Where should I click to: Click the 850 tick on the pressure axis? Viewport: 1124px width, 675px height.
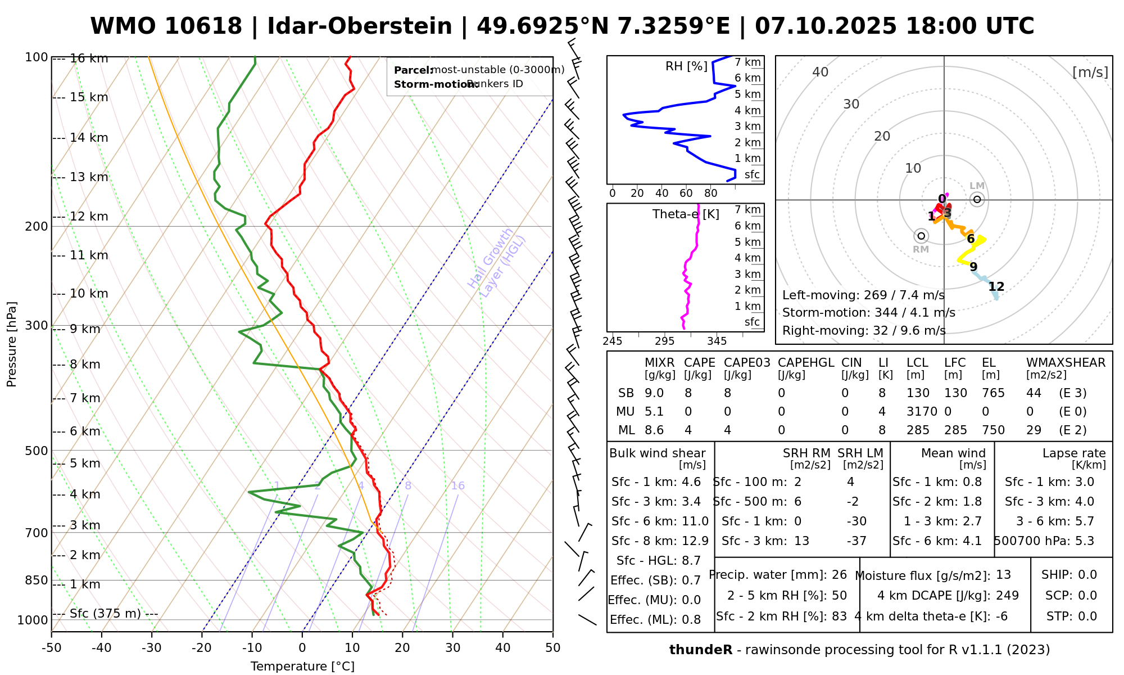pos(37,580)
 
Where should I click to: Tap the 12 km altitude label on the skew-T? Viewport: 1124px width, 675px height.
pos(89,217)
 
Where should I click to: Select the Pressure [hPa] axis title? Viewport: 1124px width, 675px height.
pos(12,344)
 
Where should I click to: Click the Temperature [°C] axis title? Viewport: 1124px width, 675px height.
pos(302,667)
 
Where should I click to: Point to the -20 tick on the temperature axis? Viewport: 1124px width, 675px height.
pos(202,648)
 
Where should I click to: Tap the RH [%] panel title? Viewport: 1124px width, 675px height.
pos(686,66)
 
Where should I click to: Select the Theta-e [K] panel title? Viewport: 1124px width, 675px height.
pos(686,214)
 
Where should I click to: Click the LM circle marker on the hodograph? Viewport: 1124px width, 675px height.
pos(977,199)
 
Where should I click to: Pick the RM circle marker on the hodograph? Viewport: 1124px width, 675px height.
pos(921,236)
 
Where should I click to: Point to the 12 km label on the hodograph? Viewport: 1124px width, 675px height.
pos(996,287)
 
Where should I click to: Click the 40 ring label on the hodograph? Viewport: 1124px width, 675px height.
pos(821,72)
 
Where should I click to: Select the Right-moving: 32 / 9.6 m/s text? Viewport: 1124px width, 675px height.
pos(864,330)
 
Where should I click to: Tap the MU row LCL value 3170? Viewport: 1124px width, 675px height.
pos(922,412)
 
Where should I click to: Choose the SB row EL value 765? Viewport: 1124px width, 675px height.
pos(993,393)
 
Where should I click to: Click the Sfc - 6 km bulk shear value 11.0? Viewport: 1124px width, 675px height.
pos(695,521)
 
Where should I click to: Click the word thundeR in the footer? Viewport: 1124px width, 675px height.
pos(701,650)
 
